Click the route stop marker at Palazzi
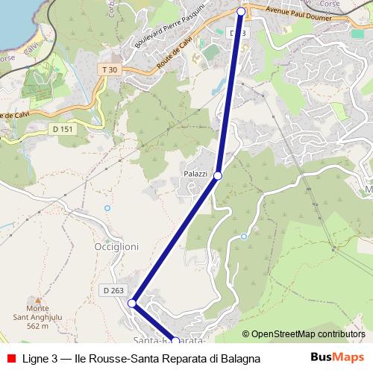(x=218, y=175)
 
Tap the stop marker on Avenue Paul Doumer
(x=241, y=11)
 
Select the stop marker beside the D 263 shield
(x=132, y=304)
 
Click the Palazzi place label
(x=195, y=173)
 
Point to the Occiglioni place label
(x=117, y=245)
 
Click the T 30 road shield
(x=109, y=69)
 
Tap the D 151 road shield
(x=63, y=129)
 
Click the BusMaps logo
(x=338, y=357)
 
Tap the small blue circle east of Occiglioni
(x=107, y=207)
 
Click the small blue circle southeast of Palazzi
(x=244, y=236)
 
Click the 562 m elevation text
(x=37, y=325)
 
